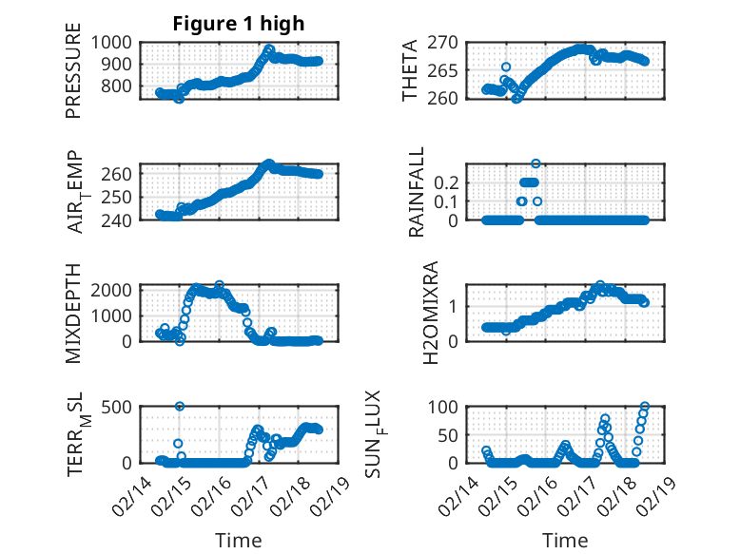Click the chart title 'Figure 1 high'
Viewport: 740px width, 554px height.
[x=238, y=24]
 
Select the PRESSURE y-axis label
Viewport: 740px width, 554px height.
[x=73, y=76]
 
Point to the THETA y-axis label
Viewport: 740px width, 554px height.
[x=410, y=70]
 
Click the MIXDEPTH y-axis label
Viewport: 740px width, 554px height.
[x=73, y=313]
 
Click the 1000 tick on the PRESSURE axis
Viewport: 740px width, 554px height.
[x=115, y=42]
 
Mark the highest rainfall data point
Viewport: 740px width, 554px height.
[x=536, y=163]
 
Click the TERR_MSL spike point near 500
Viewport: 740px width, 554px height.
[x=180, y=407]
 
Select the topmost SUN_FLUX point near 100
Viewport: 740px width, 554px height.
[x=645, y=407]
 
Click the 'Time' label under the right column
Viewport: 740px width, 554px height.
[x=565, y=540]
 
